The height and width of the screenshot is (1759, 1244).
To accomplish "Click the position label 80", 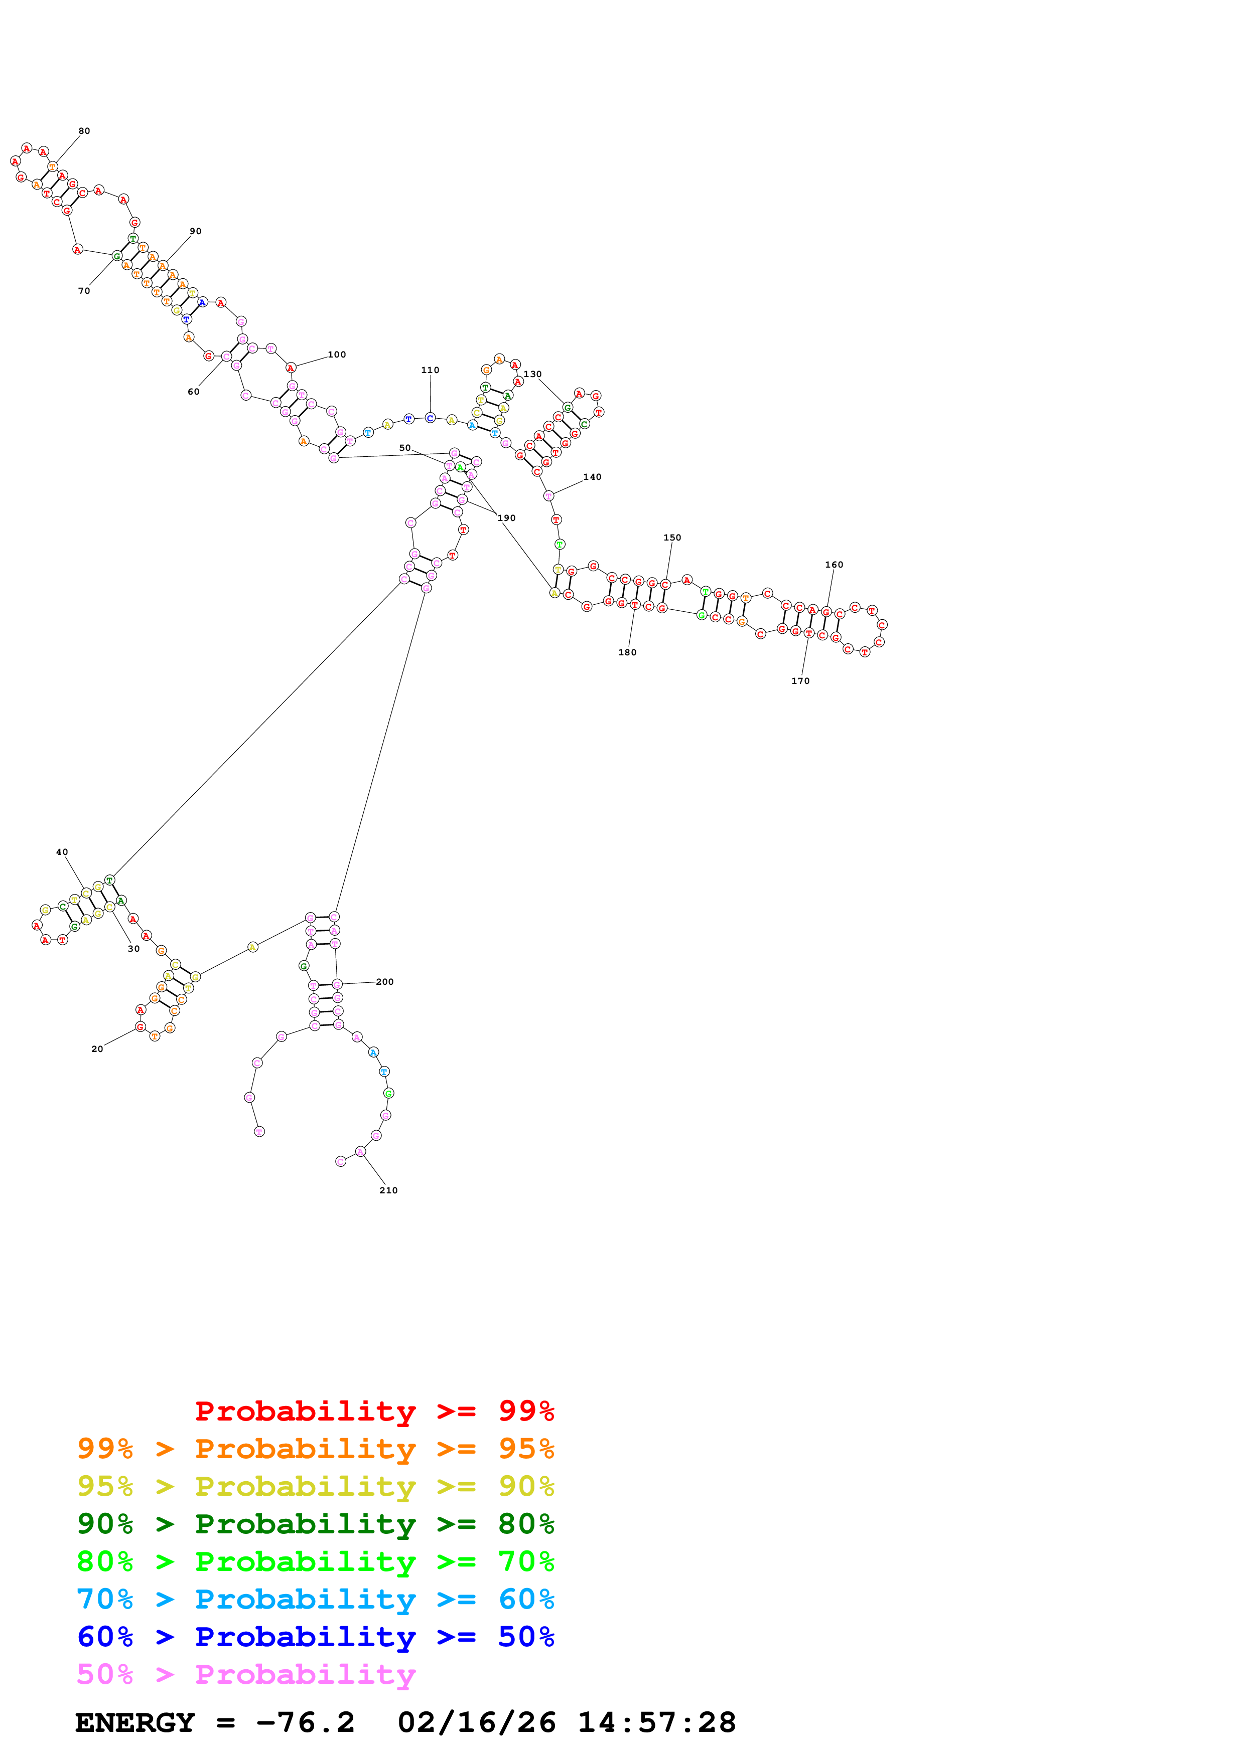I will click(x=84, y=131).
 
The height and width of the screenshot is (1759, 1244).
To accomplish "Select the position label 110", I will click(x=430, y=370).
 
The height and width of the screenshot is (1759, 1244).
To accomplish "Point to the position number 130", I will click(x=533, y=374).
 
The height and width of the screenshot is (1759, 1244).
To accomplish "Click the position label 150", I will click(x=672, y=538).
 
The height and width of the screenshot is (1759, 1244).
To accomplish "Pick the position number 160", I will click(x=834, y=565).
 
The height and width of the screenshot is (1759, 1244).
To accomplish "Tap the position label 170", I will click(x=800, y=681).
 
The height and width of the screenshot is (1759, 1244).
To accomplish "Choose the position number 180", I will click(x=627, y=653).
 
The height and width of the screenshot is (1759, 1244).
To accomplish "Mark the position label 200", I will click(x=385, y=982).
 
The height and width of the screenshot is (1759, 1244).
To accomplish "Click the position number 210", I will click(x=388, y=1190).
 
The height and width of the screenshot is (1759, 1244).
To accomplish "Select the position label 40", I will click(x=62, y=852).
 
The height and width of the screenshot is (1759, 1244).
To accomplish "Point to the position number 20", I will click(x=97, y=1049).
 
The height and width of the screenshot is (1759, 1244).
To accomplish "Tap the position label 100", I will click(x=337, y=355).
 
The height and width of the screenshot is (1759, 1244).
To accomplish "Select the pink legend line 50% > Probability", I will click(x=246, y=1675).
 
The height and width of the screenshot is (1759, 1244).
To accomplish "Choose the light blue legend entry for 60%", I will click(x=315, y=1600).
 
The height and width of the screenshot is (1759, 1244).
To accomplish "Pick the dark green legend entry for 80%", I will click(x=315, y=1524).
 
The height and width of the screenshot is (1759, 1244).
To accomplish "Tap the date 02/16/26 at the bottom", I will click(x=477, y=1723).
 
